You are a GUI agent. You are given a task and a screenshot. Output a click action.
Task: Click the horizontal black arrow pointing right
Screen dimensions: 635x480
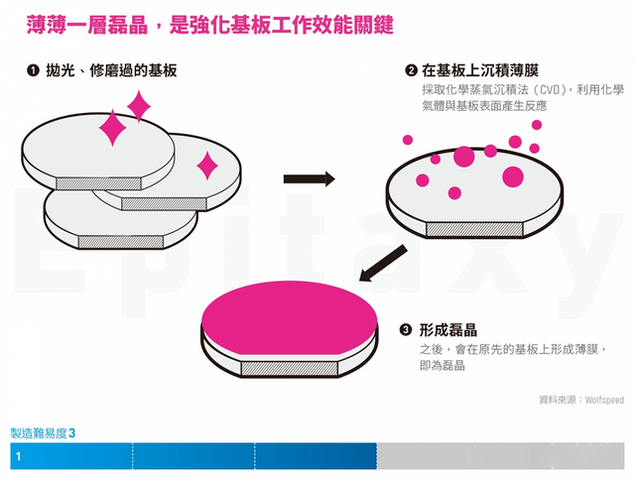(x=309, y=179)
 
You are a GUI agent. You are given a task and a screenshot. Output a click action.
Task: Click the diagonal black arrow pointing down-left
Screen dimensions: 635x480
(x=383, y=263)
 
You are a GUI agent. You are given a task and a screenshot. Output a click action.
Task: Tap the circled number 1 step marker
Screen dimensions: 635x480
(x=33, y=70)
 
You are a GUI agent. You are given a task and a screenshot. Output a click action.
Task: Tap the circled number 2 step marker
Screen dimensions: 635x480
(x=411, y=70)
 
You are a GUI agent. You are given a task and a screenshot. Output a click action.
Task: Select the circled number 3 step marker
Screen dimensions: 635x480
(x=406, y=330)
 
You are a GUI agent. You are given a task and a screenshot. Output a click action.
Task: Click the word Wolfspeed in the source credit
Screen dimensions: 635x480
(x=604, y=400)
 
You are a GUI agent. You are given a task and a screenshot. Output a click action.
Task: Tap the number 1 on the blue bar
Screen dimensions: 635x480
(x=18, y=456)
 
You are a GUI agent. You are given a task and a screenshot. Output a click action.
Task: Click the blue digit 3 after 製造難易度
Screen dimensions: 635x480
(x=72, y=433)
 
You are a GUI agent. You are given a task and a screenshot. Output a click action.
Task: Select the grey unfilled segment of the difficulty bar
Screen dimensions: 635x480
(x=500, y=456)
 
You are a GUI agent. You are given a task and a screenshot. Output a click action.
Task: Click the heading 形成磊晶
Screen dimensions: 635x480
(x=447, y=330)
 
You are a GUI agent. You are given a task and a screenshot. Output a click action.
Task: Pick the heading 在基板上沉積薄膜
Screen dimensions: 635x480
(x=480, y=70)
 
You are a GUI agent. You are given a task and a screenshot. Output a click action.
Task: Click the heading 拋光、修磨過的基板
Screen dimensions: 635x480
(x=111, y=70)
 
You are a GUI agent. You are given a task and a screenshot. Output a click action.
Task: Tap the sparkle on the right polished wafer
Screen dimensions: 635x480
(x=207, y=166)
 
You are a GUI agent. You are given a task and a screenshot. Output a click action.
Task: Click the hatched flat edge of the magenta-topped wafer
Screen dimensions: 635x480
(x=290, y=368)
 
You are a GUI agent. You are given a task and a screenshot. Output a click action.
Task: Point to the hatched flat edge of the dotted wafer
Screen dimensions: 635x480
(x=474, y=229)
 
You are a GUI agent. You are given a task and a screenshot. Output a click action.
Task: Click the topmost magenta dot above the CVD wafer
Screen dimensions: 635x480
(x=537, y=125)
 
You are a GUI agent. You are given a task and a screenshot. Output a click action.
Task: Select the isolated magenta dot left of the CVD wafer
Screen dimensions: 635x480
(x=408, y=140)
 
